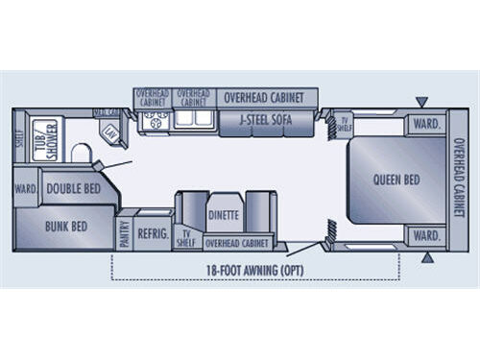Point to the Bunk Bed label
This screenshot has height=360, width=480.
pos(65,227)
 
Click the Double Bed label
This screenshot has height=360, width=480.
pos(73,189)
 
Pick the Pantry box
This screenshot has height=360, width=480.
pos(124,230)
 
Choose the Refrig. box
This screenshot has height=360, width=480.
pos(153,231)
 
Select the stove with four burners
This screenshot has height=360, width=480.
pos(153,121)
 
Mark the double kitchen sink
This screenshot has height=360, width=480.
pos(194,120)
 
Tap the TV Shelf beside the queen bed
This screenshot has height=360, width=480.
pos(344,126)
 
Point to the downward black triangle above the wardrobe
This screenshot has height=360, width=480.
pos(422,102)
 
